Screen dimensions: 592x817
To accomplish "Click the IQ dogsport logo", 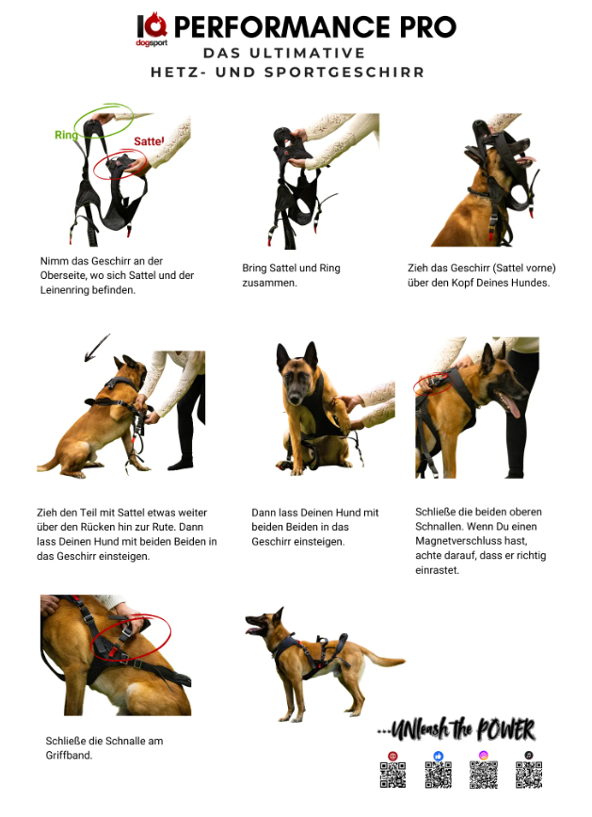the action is tap(152, 30).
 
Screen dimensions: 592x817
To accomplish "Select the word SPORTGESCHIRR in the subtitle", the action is tap(344, 73).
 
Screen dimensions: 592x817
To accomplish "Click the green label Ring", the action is tap(66, 135).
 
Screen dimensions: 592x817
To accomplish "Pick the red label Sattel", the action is tap(149, 141).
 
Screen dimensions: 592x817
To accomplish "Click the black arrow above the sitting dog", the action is tap(97, 348).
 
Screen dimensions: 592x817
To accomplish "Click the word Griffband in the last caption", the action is tap(69, 756).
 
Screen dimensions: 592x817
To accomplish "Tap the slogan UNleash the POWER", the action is tap(456, 729).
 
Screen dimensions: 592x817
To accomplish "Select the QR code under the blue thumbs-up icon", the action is tap(438, 775).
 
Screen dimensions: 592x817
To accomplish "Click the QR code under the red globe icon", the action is tap(392, 775).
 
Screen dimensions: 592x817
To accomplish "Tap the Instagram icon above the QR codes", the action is tap(483, 756).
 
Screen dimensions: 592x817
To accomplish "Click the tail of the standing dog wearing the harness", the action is tap(384, 659).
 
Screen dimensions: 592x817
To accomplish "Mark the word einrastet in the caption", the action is tap(437, 570).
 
